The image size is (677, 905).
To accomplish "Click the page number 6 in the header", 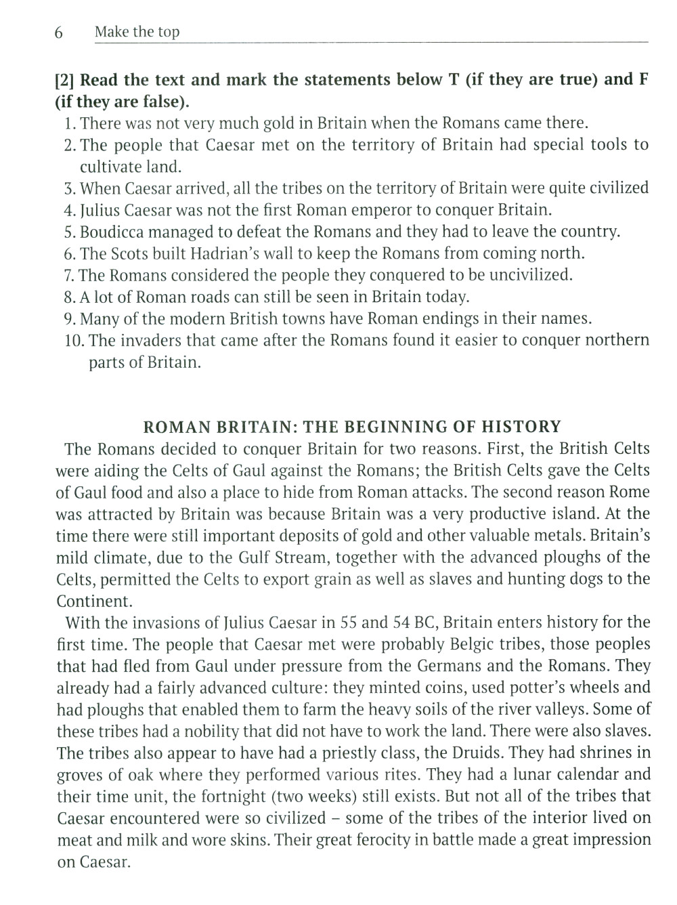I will (x=59, y=33).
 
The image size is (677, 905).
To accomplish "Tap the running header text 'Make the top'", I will (x=137, y=32).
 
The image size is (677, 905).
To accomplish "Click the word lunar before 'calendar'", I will (x=510, y=774).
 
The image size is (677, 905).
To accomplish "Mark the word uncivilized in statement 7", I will (x=527, y=275).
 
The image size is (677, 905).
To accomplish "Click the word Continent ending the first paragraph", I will (x=93, y=601).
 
